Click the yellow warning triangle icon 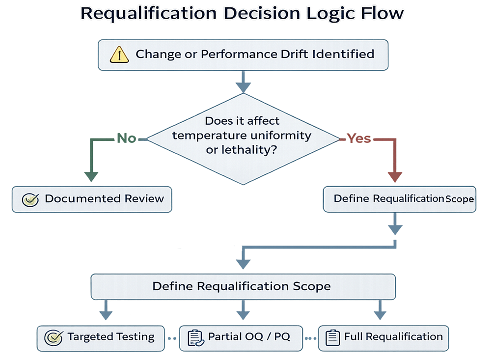119,54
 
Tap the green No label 126,139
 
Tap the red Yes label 359,139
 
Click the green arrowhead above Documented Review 91,175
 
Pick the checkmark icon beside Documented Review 30,199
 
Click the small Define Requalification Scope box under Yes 399,199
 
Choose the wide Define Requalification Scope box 243,286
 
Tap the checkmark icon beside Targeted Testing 53,337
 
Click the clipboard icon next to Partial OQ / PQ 195,337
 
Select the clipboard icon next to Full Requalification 333,337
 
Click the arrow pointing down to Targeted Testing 106,312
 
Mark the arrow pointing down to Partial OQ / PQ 243,312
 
